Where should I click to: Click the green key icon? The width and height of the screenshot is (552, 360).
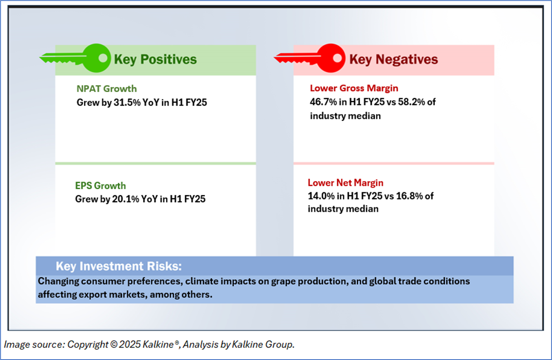75,59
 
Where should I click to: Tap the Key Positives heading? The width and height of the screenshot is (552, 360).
155,60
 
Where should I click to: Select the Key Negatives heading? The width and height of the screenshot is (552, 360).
393,60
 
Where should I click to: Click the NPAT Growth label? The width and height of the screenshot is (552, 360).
107,88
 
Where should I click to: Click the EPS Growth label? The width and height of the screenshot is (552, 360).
101,186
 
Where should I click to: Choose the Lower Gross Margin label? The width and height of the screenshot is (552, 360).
354,88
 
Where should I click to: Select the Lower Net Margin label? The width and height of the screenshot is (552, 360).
346,183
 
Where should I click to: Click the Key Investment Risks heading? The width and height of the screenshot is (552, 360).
119,267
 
